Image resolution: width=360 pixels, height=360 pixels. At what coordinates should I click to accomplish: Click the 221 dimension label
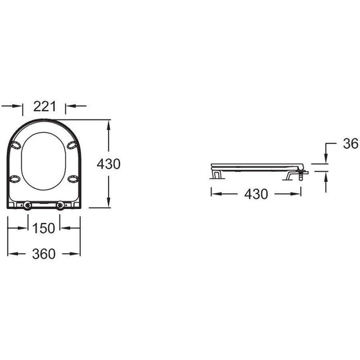point(45,106)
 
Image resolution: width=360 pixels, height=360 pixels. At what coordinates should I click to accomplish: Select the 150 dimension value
point(44,228)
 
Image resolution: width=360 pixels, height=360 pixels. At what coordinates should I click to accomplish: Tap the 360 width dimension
point(44,254)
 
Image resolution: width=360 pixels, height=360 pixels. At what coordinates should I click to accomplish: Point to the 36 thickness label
point(351,143)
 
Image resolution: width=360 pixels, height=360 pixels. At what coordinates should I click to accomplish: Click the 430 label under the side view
point(256,194)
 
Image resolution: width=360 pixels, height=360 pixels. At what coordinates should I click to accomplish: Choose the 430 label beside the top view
point(109,164)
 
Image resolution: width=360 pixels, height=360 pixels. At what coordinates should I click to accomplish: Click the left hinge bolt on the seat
point(28,205)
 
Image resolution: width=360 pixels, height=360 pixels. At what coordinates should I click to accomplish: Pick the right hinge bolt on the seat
point(61,205)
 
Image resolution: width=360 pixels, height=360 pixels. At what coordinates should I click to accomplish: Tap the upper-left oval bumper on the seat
point(16,145)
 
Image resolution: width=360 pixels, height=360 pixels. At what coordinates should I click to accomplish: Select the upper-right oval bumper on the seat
point(72,145)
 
